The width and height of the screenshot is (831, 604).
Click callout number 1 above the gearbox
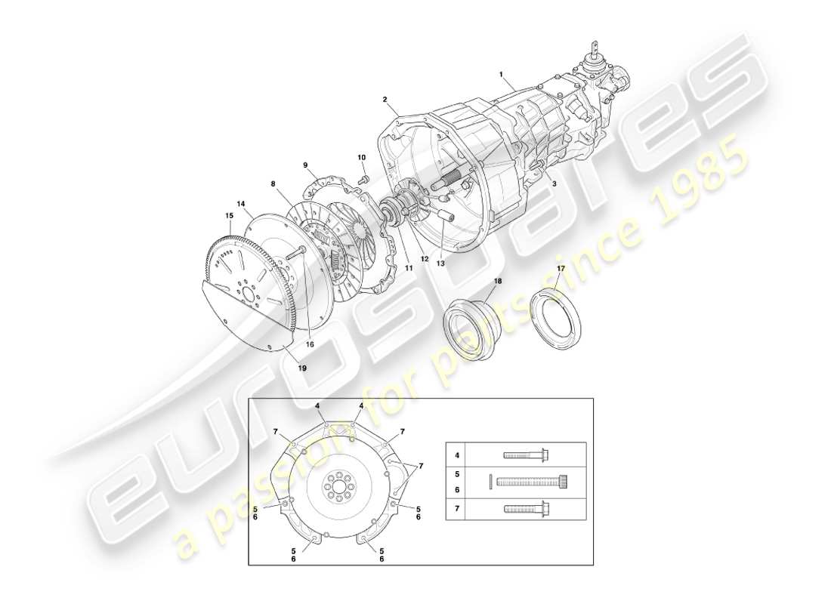coord(501,74)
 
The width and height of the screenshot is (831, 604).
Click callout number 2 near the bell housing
coord(385,99)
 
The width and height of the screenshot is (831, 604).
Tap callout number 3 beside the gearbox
coord(554,183)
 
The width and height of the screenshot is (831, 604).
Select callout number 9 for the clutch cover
coord(306,165)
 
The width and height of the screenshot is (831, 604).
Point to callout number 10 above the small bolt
coord(361,157)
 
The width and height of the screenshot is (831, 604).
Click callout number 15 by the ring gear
coord(229,215)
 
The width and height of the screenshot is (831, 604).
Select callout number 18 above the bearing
coord(497,281)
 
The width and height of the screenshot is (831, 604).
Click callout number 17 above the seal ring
coord(561,268)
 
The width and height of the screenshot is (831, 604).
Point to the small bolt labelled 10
coord(364,179)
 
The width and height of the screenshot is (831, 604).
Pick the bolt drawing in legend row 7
coord(526,510)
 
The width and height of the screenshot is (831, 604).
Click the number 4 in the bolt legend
coord(456,455)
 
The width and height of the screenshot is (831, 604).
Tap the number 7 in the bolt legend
coord(456,510)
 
